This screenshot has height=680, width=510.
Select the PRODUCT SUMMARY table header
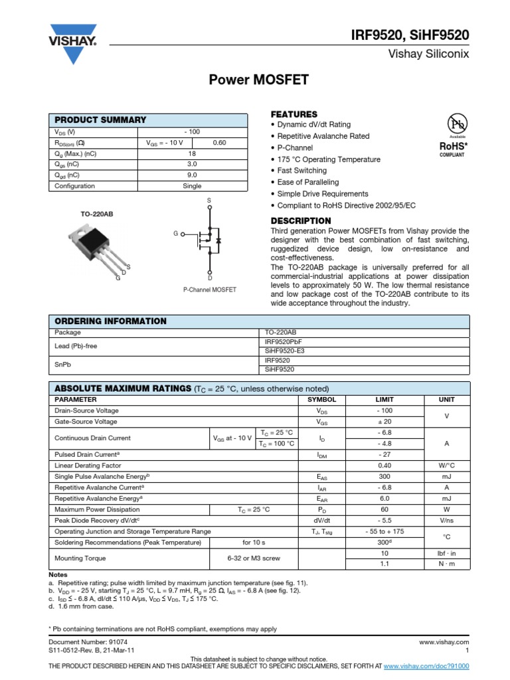(100, 120)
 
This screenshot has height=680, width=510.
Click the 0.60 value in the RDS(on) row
(219, 143)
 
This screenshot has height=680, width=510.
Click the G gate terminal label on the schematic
(176, 234)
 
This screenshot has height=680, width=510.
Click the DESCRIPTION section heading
(301, 220)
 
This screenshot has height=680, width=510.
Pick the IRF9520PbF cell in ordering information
(283, 341)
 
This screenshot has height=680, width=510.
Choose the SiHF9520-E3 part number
(285, 350)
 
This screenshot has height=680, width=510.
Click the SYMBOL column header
(321, 400)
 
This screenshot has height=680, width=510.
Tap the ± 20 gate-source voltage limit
(384, 422)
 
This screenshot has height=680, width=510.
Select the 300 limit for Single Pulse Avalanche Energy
(384, 476)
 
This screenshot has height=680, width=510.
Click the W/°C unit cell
(446, 466)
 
